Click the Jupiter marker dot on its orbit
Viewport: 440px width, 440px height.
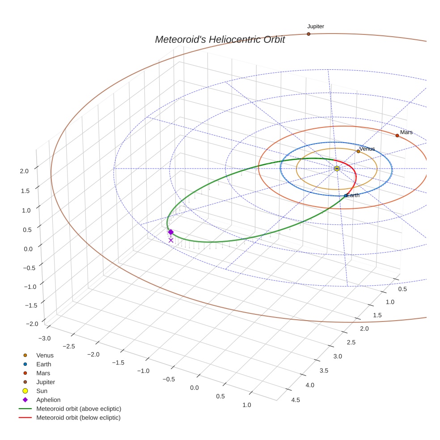[x=309, y=34]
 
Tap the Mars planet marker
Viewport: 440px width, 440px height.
[x=397, y=135]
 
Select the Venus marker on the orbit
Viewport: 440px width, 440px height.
[x=358, y=152]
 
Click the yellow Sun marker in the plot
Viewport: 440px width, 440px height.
[x=337, y=169]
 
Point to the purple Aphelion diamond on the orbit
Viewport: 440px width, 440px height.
[x=170, y=232]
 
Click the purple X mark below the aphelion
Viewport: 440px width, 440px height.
[x=171, y=240]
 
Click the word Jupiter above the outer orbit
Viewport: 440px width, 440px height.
[x=316, y=26]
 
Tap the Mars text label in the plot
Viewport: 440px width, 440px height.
[x=406, y=132]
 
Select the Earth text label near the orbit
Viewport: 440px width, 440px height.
[x=353, y=195]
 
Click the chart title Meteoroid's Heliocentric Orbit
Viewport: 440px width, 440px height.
[x=220, y=40]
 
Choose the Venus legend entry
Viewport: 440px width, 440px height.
[x=45, y=355]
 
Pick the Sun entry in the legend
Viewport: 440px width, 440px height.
[x=42, y=391]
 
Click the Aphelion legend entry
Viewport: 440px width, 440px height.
[x=48, y=400]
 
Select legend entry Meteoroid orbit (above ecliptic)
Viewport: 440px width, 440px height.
[x=79, y=409]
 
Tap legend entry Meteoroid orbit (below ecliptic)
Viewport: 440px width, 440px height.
[x=79, y=418]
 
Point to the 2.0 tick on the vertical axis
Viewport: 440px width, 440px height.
[x=24, y=171]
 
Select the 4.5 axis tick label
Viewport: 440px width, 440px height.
[x=295, y=400]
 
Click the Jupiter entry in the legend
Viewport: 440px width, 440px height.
[x=46, y=382]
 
